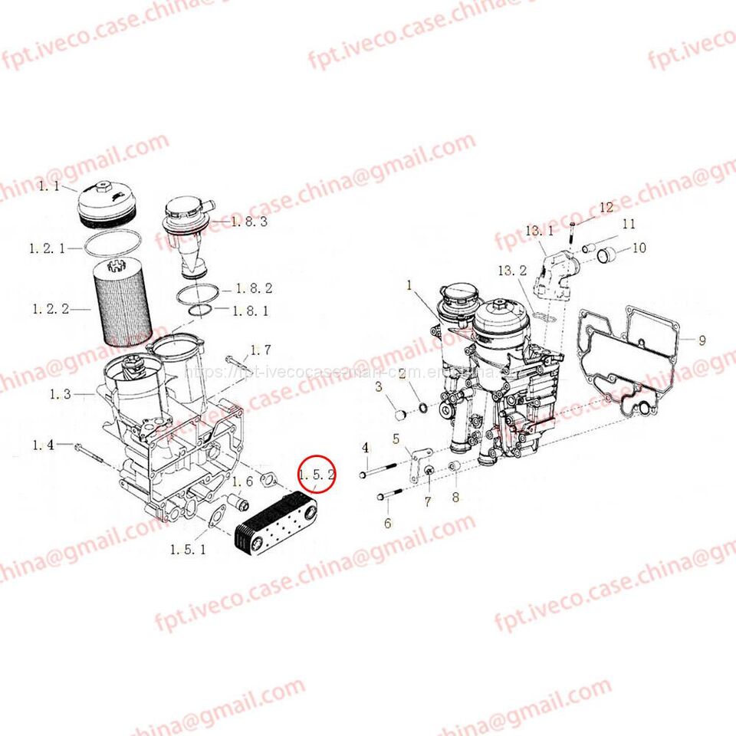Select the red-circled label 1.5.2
[x=317, y=475]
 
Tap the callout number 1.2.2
[x=50, y=309]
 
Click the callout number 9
[x=701, y=340]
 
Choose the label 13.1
[x=539, y=231]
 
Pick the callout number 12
[x=606, y=207]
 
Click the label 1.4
[x=43, y=445]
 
